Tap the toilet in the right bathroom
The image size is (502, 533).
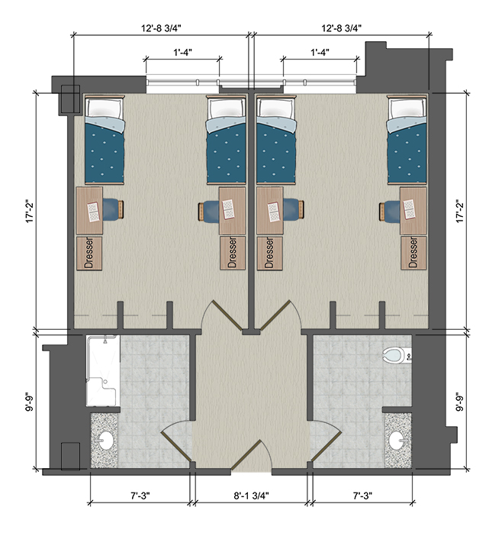pos(394,355)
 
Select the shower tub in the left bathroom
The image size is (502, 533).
pos(101,371)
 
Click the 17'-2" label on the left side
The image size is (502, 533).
pos(27,211)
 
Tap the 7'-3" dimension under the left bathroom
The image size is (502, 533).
pos(139,496)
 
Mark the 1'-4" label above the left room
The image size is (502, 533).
pos(182,53)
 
